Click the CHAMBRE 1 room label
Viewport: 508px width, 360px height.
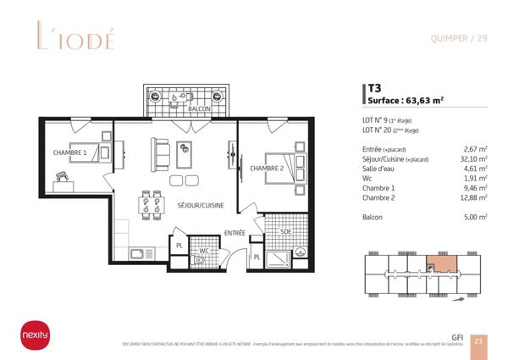coord(70,153)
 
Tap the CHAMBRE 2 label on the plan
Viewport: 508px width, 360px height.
coord(267,168)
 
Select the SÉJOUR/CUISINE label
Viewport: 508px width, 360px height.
coord(202,204)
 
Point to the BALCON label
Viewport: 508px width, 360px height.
coord(200,110)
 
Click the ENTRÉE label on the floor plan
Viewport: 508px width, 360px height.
coord(235,233)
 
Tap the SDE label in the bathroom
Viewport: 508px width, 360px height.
coord(286,231)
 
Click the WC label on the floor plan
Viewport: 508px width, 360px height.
coord(204,251)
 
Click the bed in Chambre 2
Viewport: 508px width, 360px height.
coord(283,163)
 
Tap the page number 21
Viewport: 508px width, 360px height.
coord(478,341)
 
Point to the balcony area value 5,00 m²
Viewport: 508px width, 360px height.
coord(475,218)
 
